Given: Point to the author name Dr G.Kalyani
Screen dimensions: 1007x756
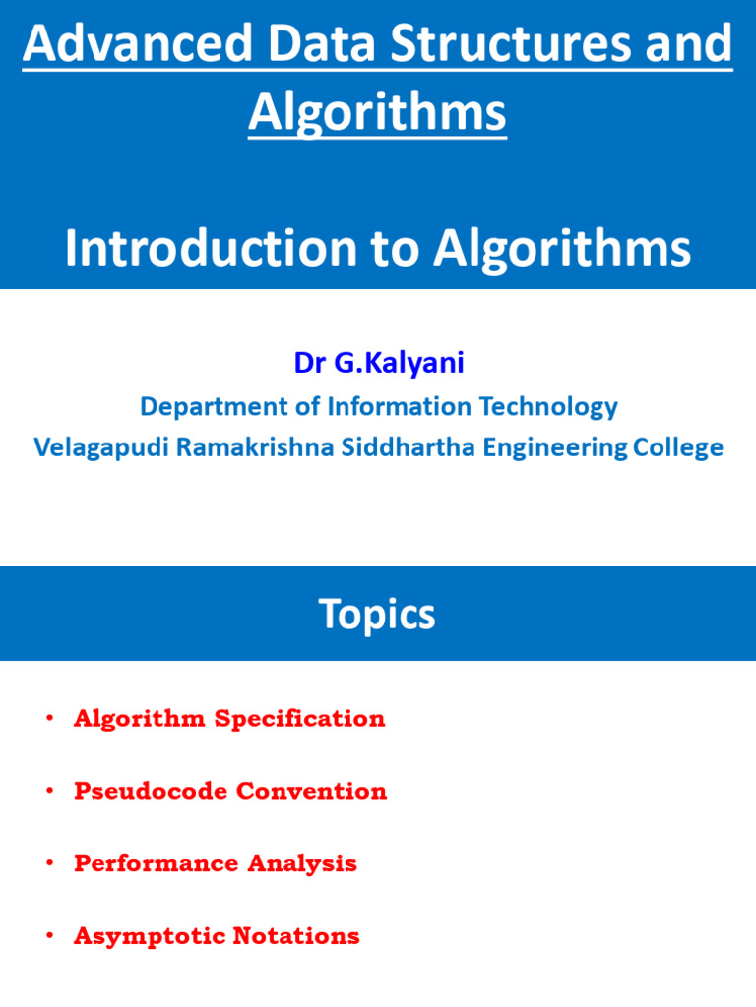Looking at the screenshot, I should [379, 363].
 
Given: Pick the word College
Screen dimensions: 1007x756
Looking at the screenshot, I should [678, 447].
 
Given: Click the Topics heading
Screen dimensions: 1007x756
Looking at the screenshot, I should [377, 615].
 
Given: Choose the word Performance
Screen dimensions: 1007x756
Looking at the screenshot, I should [157, 864].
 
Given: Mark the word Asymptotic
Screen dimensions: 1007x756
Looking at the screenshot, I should [149, 937].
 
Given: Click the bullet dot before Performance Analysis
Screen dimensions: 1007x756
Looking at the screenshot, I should [48, 864].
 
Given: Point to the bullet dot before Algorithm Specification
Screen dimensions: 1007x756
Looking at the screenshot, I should [48, 719].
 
